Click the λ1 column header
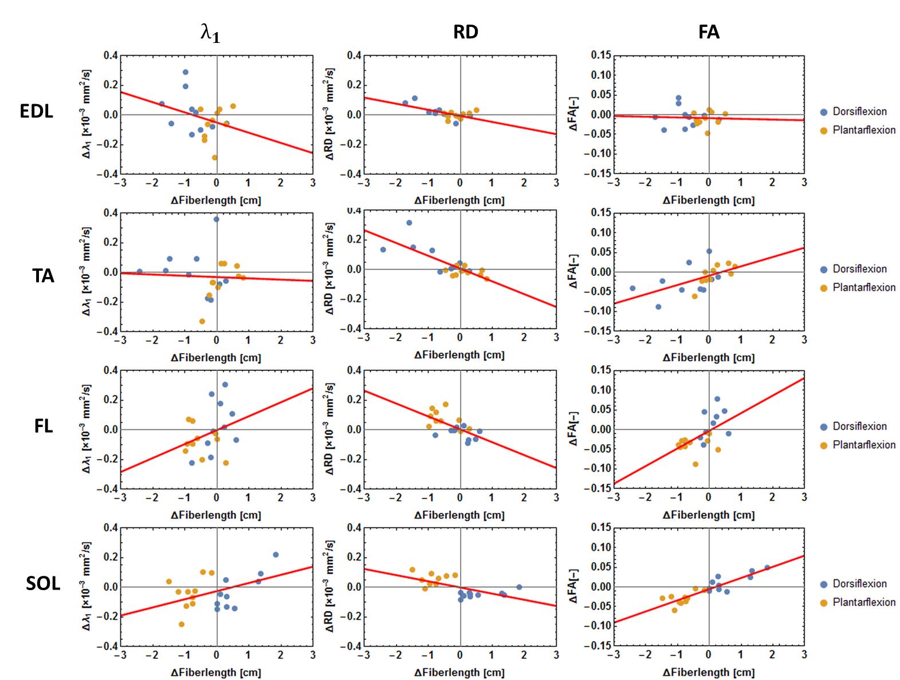point(210,34)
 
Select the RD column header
point(465,32)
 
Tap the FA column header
point(709,32)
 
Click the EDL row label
point(36,111)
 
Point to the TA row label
point(43,276)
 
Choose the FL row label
point(43,426)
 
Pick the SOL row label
point(43,584)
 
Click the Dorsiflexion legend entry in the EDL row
point(859,112)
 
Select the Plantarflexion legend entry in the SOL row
point(863,602)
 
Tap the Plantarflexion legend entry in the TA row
point(863,287)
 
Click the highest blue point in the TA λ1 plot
point(216,219)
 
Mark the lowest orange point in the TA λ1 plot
point(202,322)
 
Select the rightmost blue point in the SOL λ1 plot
point(276,555)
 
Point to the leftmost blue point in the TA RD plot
point(383,250)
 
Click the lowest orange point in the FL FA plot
point(695,464)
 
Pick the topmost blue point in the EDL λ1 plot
point(186,72)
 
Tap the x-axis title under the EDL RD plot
point(459,200)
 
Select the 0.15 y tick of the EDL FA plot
point(600,56)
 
